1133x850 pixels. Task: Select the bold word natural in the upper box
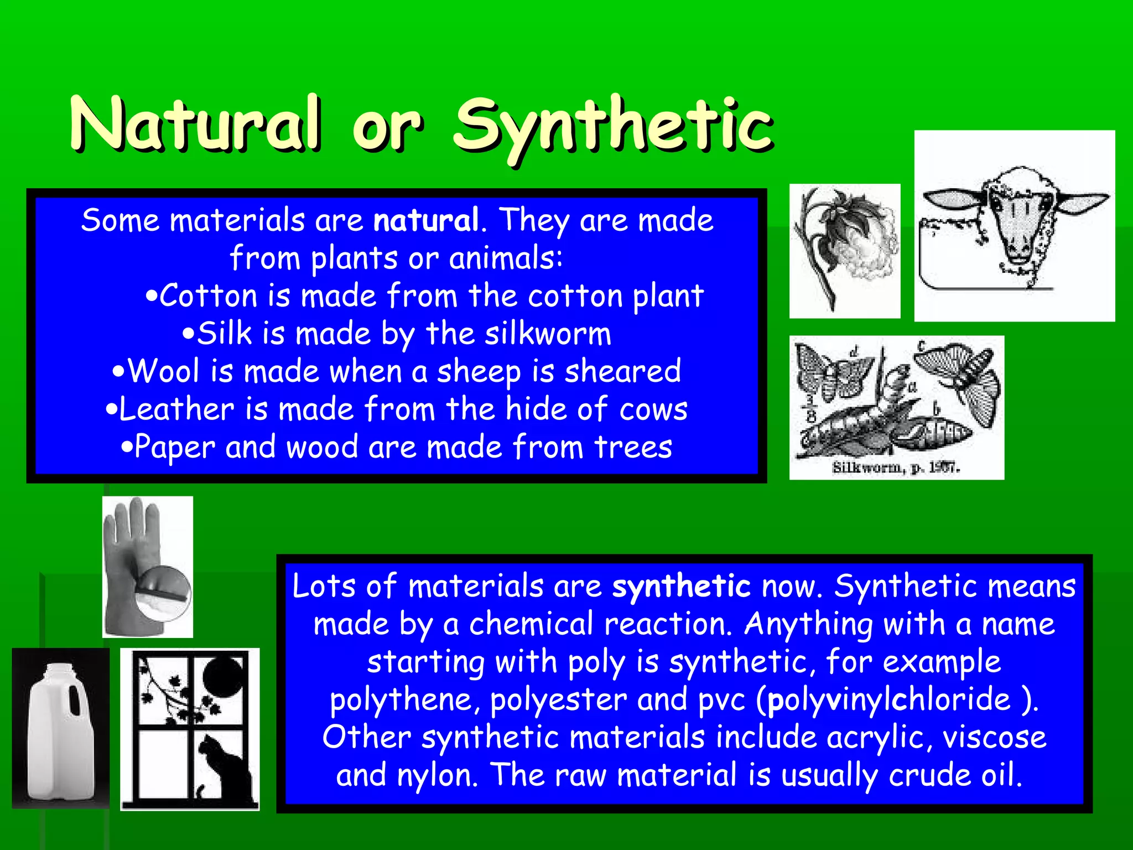tap(425, 220)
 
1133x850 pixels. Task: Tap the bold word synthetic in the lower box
tap(681, 587)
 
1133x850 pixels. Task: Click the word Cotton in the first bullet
tap(209, 296)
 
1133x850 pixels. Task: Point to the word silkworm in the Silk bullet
tap(548, 334)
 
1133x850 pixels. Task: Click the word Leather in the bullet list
tap(176, 410)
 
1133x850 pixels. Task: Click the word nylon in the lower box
tap(437, 775)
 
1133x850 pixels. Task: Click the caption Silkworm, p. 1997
tap(896, 468)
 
